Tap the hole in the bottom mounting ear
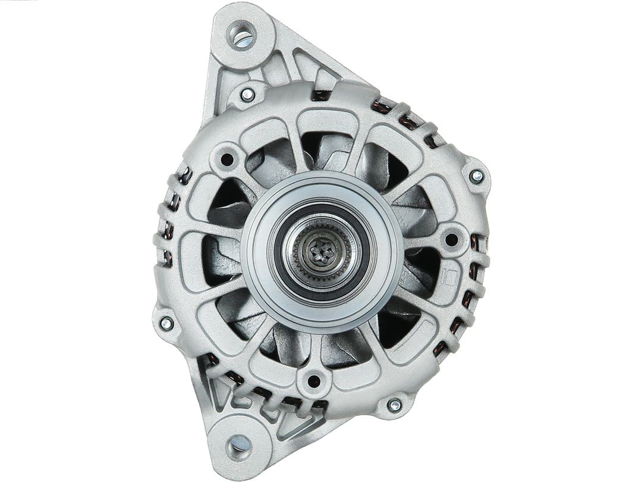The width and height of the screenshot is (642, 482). pyautogui.click(x=239, y=443)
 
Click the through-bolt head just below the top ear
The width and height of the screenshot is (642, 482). pyautogui.click(x=247, y=93)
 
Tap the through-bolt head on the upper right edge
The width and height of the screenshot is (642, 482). pyautogui.click(x=476, y=176)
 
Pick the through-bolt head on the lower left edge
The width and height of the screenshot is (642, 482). pyautogui.click(x=167, y=323)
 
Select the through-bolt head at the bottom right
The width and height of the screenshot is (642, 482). pyautogui.click(x=394, y=405)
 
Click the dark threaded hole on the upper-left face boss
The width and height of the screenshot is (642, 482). pyautogui.click(x=226, y=159)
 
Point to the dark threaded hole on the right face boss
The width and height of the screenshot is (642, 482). pyautogui.click(x=451, y=239)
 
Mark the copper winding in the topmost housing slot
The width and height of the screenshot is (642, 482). pyautogui.click(x=322, y=94)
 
